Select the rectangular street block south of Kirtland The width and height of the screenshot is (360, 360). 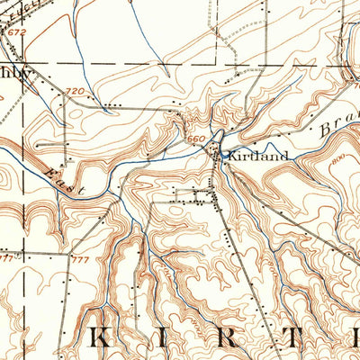click(196, 195)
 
